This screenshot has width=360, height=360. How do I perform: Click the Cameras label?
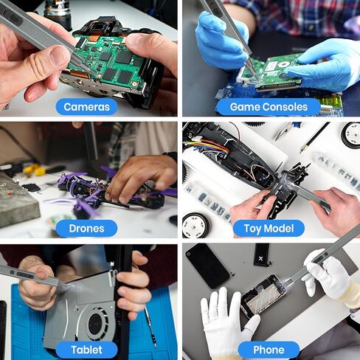pos(86,107)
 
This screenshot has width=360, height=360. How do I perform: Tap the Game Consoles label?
pos(268,107)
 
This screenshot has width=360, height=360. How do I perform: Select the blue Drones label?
pos(86,228)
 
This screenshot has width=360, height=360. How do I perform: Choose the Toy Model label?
pos(268,228)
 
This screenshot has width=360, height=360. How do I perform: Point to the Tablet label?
pos(86,350)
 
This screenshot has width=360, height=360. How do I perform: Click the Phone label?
pos(268,350)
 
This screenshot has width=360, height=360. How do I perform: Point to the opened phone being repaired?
pos(263,295)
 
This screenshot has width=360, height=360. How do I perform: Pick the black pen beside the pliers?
pos(315,136)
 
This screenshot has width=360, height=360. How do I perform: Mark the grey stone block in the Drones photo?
pos(19,203)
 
